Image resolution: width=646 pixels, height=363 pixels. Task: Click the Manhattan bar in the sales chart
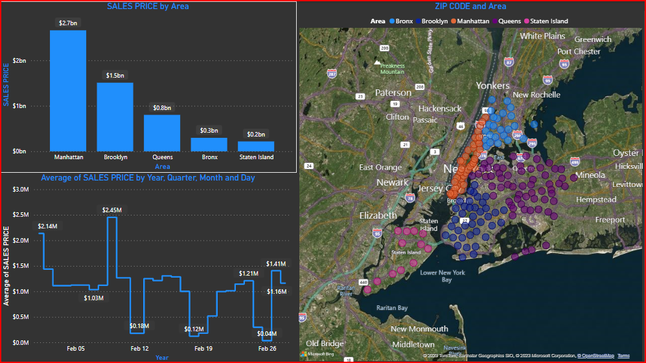pyautogui.click(x=68, y=91)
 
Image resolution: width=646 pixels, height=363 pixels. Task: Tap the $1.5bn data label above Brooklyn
pyautogui.click(x=115, y=76)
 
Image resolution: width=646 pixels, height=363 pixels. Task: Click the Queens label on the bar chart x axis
pyautogui.click(x=162, y=157)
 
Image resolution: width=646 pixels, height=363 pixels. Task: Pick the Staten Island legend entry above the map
pyautogui.click(x=545, y=21)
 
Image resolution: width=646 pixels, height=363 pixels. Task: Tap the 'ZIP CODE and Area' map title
pyautogui.click(x=471, y=6)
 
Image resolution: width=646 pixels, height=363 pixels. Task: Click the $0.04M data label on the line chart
pyautogui.click(x=266, y=334)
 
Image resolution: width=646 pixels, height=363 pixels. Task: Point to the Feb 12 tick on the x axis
pyautogui.click(x=139, y=349)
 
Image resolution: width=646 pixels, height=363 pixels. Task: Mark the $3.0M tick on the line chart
pyautogui.click(x=21, y=190)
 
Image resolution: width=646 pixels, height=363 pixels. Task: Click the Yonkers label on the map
pyautogui.click(x=493, y=85)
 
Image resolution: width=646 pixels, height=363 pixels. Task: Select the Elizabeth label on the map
pyautogui.click(x=378, y=215)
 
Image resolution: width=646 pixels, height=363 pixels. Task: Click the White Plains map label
pyautogui.click(x=543, y=36)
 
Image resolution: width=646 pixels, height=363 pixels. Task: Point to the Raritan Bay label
pyautogui.click(x=393, y=309)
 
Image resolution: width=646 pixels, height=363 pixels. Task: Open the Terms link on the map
pyautogui.click(x=623, y=356)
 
